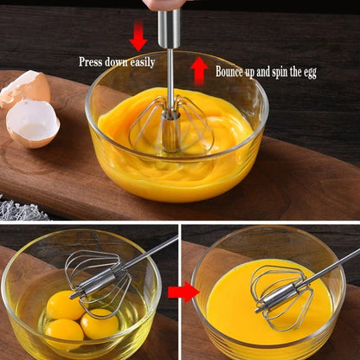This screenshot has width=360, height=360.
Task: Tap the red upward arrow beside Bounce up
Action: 199,70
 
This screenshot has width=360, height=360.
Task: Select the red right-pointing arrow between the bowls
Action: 183,292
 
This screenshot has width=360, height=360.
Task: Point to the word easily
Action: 141,62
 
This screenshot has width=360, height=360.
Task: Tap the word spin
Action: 279,72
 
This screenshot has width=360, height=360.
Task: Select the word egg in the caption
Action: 308,73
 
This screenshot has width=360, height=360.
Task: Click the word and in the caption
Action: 266,72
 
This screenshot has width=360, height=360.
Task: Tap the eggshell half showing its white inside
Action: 33,122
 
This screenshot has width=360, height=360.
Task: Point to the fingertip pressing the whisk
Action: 166,5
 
